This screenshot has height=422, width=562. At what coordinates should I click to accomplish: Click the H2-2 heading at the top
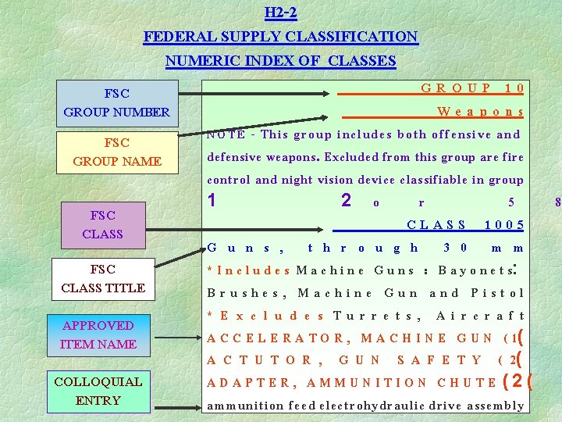(280, 13)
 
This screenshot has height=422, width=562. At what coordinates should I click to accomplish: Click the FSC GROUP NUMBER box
(116, 102)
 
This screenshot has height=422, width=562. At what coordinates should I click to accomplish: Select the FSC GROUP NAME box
(116, 152)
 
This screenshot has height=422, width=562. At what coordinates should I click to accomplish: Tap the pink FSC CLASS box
(102, 224)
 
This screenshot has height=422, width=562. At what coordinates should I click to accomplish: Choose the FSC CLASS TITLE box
(102, 278)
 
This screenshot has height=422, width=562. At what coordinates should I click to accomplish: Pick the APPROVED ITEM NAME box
(98, 334)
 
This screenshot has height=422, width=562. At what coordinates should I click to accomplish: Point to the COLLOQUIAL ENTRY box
(98, 391)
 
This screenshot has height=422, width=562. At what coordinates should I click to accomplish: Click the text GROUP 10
(472, 88)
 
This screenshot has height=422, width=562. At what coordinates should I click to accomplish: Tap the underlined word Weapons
(480, 112)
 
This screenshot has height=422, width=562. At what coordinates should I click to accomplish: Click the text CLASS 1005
(465, 225)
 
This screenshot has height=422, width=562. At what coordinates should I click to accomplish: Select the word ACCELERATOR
(276, 338)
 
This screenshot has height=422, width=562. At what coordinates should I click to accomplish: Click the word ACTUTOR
(265, 360)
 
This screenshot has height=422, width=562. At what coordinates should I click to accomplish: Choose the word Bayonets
(475, 270)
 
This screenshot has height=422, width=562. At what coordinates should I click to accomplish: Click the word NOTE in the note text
(226, 134)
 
